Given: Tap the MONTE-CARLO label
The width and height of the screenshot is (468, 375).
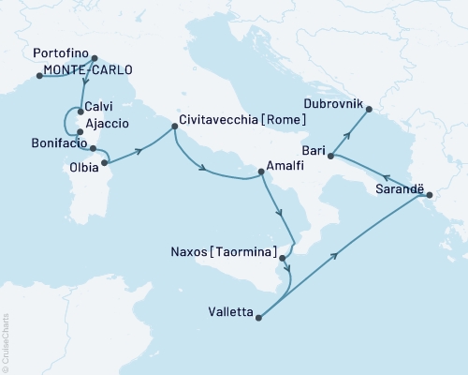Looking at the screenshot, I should point(83,70).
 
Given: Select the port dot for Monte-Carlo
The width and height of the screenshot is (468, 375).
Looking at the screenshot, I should point(38,75).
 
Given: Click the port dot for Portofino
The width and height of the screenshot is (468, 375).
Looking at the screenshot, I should point(94,57).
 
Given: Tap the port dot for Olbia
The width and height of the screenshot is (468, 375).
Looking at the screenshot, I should point(106,163).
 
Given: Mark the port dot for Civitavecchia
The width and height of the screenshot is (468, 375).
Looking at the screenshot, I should point(172,127).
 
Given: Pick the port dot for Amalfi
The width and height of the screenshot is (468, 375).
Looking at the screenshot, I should point(262,172).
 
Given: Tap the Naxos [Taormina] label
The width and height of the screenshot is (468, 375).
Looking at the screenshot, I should point(225,252).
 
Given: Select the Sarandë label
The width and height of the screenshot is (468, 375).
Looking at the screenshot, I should point(398,188).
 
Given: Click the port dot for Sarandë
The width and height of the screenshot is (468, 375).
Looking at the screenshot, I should point(429,195).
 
